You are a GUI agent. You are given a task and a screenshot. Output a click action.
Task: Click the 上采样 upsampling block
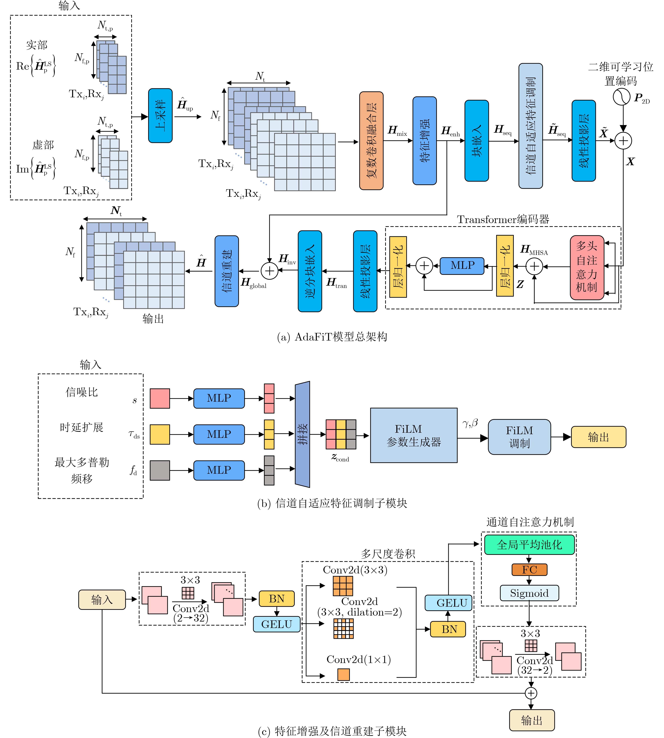click(x=160, y=116)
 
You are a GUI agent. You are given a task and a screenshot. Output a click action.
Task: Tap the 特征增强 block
click(x=424, y=141)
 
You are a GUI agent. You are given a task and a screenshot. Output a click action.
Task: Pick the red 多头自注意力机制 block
click(x=587, y=267)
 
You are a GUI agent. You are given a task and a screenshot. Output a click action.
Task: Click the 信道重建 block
click(x=227, y=271)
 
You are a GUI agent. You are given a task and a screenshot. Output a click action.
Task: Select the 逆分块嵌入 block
click(x=310, y=271)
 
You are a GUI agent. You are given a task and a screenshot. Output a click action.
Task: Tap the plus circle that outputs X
click(x=623, y=141)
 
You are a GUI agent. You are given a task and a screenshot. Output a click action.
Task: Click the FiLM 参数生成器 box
click(x=414, y=435)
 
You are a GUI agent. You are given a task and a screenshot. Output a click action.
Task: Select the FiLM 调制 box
click(x=519, y=437)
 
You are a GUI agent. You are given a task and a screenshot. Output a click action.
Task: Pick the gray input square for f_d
click(x=160, y=470)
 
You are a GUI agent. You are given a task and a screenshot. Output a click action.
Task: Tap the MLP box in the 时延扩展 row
click(x=219, y=434)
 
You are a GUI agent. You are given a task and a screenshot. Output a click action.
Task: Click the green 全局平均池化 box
click(x=529, y=545)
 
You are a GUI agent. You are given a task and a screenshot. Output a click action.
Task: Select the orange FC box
click(x=529, y=569)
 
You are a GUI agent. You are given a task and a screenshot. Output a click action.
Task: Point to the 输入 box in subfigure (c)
click(x=102, y=600)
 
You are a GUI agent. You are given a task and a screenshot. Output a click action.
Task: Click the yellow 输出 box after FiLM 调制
click(x=598, y=437)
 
